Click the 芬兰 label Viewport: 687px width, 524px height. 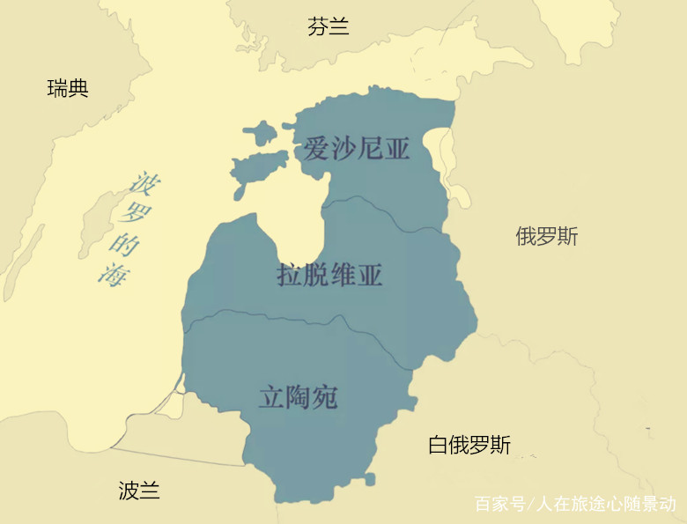(x=329, y=26)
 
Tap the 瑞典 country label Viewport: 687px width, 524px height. (x=68, y=88)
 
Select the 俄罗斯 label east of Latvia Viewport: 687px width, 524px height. (x=546, y=236)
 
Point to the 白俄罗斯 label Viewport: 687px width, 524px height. (x=469, y=445)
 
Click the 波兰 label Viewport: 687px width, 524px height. (x=139, y=491)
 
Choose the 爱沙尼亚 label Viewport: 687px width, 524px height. (x=357, y=148)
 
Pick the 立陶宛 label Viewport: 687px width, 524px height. (x=298, y=396)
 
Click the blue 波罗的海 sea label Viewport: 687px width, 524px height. (x=124, y=229)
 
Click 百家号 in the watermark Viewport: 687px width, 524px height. (x=499, y=505)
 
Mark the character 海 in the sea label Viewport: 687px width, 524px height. (x=113, y=274)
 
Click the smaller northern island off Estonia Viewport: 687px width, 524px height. (x=259, y=134)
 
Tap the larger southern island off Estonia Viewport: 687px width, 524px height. (x=258, y=166)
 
